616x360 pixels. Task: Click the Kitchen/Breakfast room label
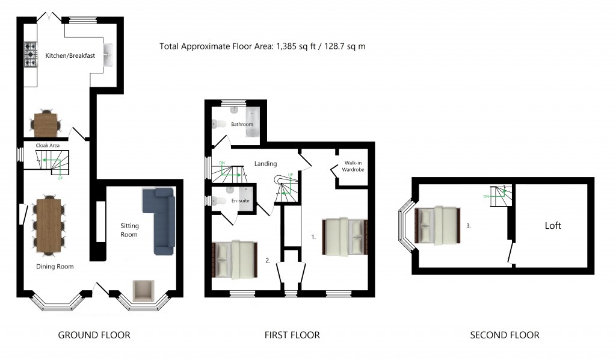tap(70, 56)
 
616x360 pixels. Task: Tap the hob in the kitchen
tap(30, 54)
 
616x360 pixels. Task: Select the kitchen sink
tap(109, 55)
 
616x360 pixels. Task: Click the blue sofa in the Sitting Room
tap(159, 220)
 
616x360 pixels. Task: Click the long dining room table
tap(48, 225)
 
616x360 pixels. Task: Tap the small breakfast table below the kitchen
tap(46, 124)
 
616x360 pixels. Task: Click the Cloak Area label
tap(48, 145)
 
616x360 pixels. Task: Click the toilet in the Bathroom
tap(219, 124)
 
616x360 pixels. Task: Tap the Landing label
tap(265, 164)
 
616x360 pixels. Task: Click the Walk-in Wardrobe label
tap(354, 166)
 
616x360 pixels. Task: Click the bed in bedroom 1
tap(345, 237)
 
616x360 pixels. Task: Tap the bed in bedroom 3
tap(438, 225)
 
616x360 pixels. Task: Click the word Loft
tap(553, 226)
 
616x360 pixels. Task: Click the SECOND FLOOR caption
tap(505, 335)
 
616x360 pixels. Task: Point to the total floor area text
tap(262, 46)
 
